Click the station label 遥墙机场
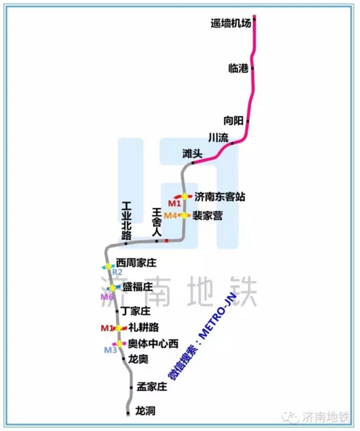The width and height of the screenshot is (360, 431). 231,24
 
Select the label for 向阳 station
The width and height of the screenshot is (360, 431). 233,121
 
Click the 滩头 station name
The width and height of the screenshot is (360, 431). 192,153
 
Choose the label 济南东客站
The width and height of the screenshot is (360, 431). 220,197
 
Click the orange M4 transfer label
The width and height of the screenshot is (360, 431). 171,215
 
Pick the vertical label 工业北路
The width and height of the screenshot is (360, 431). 126,221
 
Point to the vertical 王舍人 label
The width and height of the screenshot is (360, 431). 157,223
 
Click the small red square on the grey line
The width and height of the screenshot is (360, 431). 167,241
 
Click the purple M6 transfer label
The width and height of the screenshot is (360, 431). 107,296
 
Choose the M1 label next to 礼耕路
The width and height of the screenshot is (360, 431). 107,328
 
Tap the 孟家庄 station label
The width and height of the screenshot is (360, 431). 152,387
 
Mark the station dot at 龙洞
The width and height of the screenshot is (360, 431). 129,411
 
